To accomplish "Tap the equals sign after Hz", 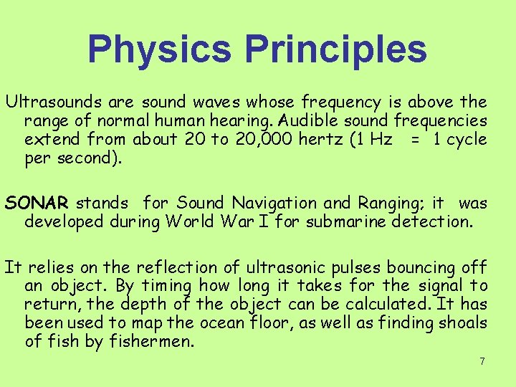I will pos(415,140).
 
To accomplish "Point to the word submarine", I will pos(347,221).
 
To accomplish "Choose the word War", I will pos(247,221).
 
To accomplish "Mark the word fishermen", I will pos(151,342).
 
